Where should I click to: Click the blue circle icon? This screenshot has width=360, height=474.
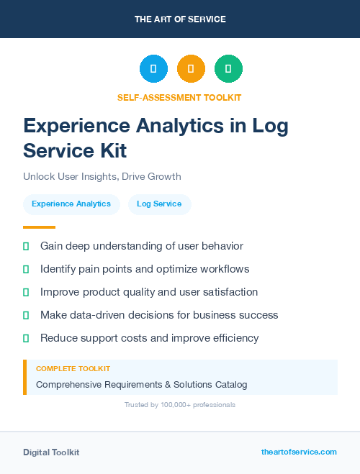pos(153,69)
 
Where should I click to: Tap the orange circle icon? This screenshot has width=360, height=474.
pos(191,69)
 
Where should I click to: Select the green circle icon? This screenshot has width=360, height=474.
pos(228,69)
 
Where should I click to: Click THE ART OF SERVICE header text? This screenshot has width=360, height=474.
pos(180,19)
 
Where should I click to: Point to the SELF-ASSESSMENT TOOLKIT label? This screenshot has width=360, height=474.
pos(179,97)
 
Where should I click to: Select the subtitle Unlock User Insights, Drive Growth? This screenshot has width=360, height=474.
pos(102,176)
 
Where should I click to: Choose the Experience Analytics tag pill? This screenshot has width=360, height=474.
pos(71,204)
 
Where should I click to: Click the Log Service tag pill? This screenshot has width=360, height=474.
pos(159,204)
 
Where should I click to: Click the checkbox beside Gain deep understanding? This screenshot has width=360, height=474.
pos(26,246)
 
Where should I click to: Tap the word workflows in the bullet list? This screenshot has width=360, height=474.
pos(220,269)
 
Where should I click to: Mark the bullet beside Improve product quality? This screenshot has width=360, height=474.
pos(26,292)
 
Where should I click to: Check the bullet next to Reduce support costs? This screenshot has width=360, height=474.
pos(26,338)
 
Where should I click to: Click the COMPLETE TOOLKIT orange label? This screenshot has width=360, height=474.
pos(73,368)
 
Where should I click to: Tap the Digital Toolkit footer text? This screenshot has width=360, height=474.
pos(51,452)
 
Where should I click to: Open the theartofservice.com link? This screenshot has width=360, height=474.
pos(299,452)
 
